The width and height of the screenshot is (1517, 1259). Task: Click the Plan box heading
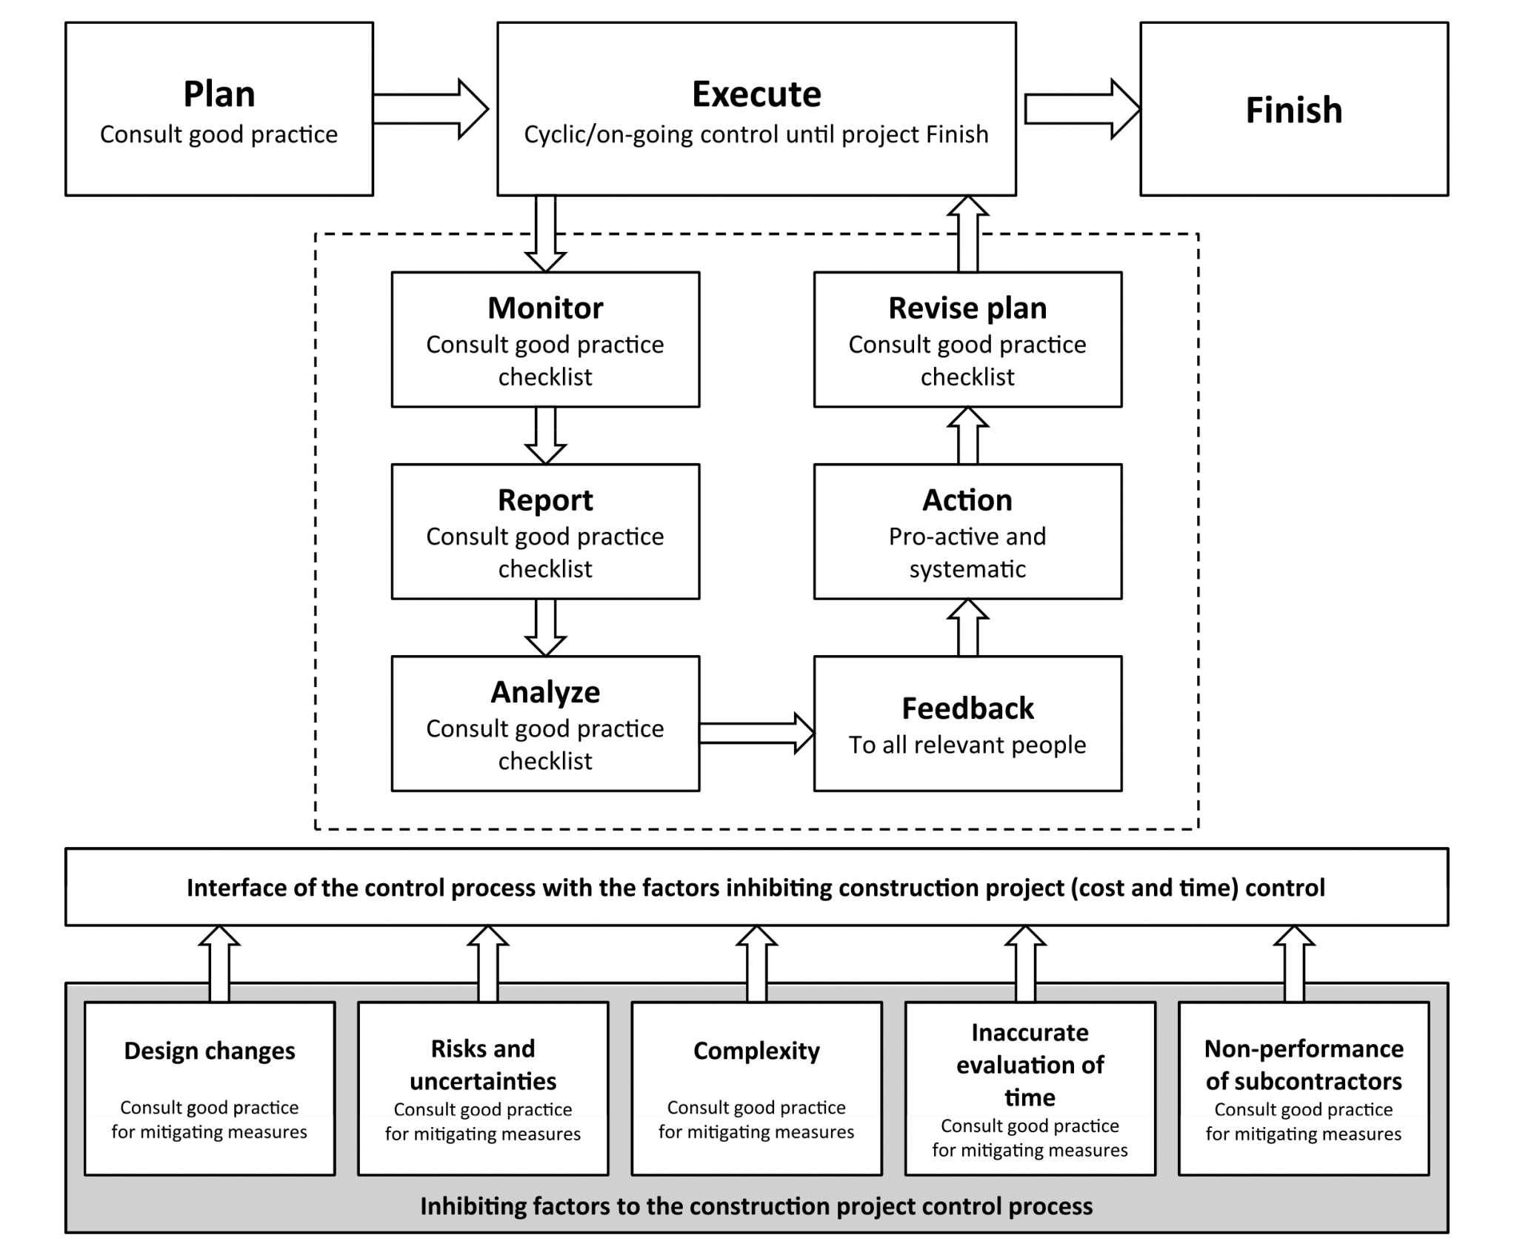[219, 94]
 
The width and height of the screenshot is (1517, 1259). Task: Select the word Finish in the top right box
[1293, 110]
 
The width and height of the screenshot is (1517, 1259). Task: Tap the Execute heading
[756, 94]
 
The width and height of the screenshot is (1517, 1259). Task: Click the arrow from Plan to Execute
[430, 109]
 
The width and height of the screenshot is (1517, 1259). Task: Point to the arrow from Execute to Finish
[1081, 109]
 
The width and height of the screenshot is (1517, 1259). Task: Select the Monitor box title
[545, 308]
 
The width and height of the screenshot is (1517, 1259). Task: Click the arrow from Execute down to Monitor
[545, 233]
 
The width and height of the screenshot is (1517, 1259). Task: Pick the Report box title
[545, 500]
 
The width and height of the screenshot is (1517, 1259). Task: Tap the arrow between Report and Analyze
[545, 627]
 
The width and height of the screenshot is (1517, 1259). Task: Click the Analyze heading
[545, 692]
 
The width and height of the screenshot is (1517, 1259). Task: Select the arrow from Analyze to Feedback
[756, 733]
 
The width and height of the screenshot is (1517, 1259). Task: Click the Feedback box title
[967, 708]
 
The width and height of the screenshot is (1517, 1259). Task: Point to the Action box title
[967, 500]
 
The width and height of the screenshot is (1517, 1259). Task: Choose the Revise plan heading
[967, 308]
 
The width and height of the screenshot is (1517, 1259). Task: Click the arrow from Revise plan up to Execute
[967, 234]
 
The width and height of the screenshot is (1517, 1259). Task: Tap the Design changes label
[210, 1051]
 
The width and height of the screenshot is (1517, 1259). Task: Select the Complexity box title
[756, 1051]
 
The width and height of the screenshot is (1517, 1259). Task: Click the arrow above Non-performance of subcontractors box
[1293, 963]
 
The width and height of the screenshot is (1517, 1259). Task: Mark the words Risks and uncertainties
[483, 1065]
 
